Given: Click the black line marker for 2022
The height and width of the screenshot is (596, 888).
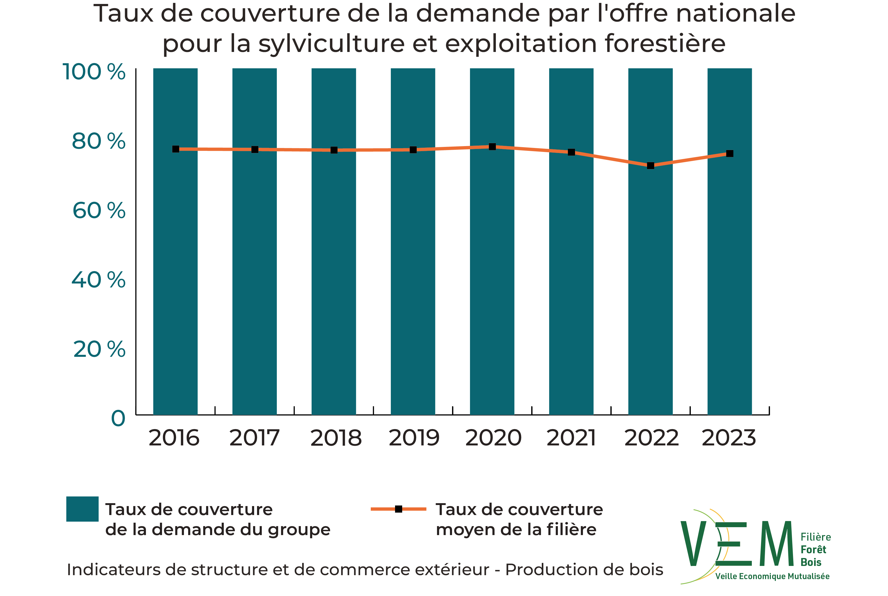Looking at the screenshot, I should click(x=650, y=166).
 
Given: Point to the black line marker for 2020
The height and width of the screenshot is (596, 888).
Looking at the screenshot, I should click(x=492, y=147).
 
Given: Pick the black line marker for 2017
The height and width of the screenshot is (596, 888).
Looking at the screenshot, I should click(x=255, y=149).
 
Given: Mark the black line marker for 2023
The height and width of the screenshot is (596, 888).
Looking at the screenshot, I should click(x=729, y=153).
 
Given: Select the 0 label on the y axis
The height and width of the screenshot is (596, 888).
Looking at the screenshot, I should click(x=118, y=419).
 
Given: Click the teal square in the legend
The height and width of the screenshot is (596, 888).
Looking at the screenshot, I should click(x=82, y=509).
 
